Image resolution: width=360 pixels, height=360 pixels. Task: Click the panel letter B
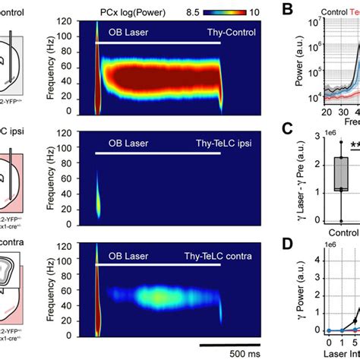pyautogui.click(x=287, y=10)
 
